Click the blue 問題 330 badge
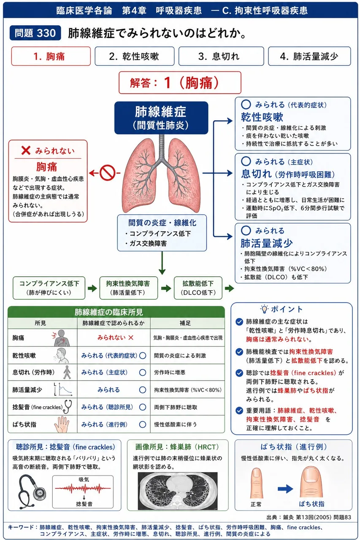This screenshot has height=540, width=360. point(35,33)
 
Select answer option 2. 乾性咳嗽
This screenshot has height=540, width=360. point(135,56)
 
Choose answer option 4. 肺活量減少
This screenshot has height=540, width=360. point(309,56)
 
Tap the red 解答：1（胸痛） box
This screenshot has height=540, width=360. point(180,82)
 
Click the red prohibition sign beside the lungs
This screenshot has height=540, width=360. point(107,173)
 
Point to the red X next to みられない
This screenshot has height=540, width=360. point(26,151)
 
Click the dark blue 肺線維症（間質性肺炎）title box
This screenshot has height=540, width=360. point(161,118)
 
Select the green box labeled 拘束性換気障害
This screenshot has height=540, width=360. point(129,288)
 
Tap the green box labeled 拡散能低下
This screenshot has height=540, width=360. point(198,288)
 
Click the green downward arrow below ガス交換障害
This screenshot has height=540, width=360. point(162,263)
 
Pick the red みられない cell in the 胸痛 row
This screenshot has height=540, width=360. point(115,338)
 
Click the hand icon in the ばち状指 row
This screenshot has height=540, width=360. point(62,424)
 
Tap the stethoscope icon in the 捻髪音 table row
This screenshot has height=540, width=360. point(68,406)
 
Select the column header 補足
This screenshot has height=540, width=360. point(185,323)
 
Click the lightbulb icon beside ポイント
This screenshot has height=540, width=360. point(264,309)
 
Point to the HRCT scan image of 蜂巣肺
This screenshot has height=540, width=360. point(178,491)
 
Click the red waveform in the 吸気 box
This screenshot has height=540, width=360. point(83,489)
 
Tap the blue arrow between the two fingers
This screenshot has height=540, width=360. point(285,489)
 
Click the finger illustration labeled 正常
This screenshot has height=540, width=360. point(256,483)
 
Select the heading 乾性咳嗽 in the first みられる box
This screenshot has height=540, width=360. point(262,117)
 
